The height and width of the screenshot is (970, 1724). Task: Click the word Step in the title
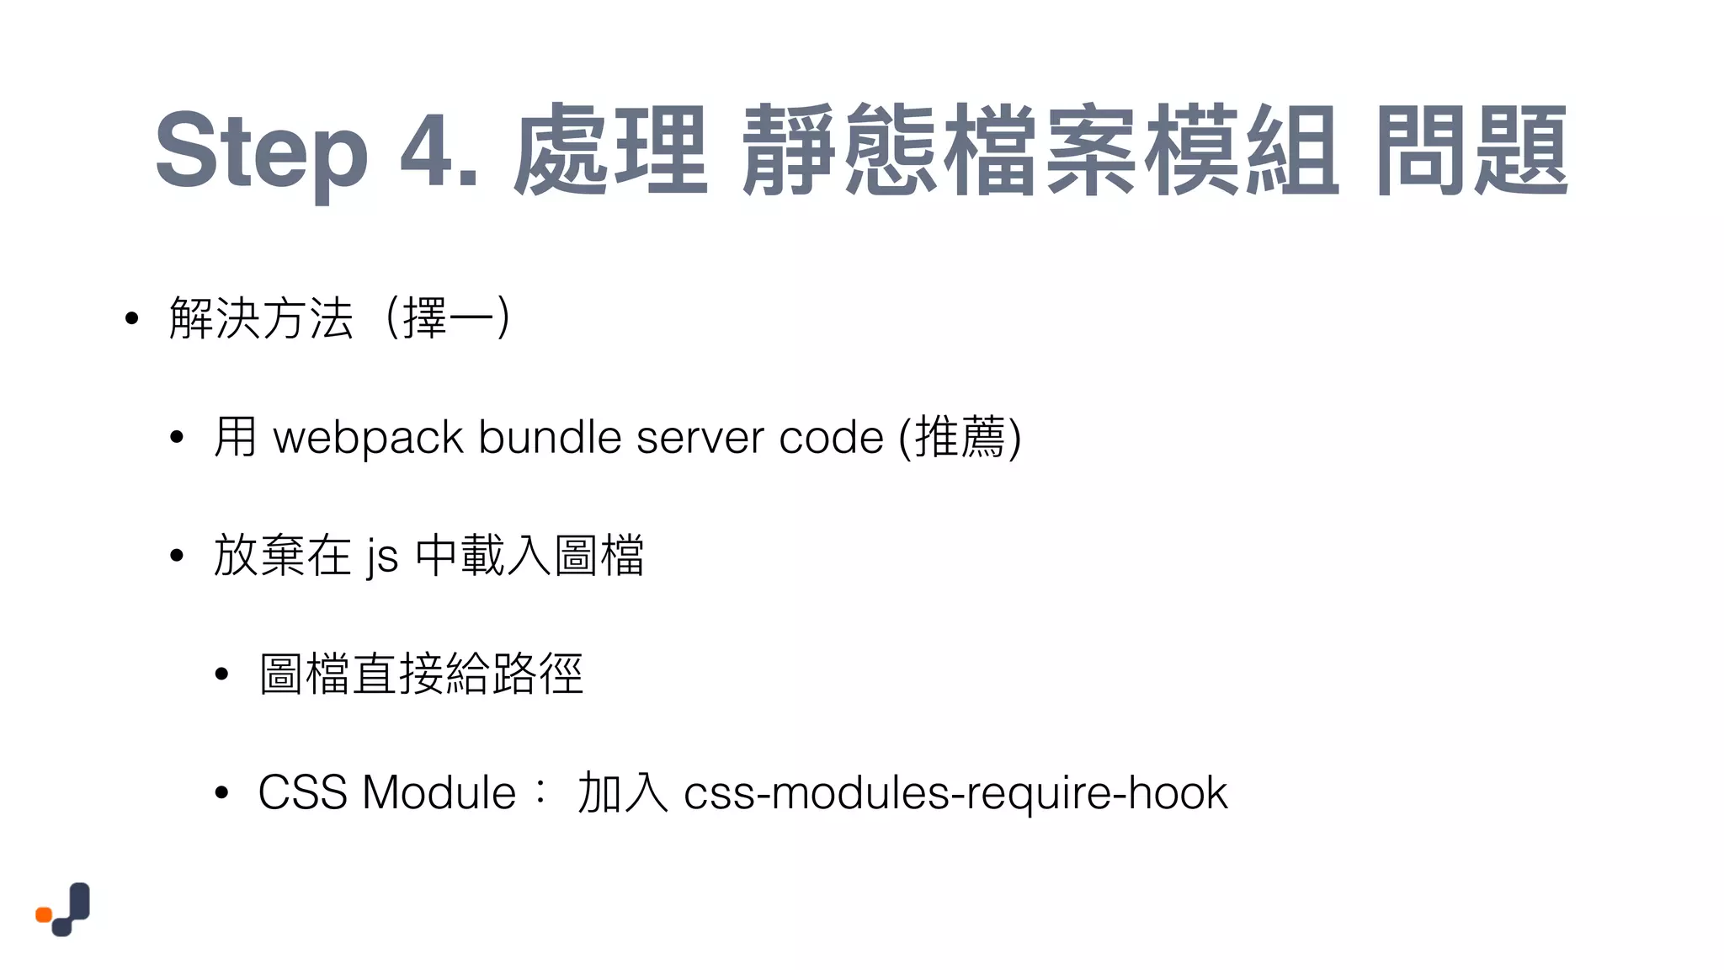[261, 152]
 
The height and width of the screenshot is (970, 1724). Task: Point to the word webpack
[369, 439]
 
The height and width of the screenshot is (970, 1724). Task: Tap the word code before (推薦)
[831, 437]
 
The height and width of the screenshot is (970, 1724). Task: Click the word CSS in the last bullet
[302, 792]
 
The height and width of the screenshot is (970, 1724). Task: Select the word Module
[439, 792]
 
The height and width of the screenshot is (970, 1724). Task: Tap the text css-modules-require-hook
[955, 794]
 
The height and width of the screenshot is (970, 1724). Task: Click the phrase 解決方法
[261, 318]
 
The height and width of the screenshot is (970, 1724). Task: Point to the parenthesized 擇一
[448, 318]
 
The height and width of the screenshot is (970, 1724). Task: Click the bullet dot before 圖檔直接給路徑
[221, 674]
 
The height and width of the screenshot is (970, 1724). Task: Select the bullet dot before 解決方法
[130, 319]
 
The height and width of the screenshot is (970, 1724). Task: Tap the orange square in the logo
[44, 914]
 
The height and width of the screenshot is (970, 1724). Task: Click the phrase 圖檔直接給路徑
[421, 674]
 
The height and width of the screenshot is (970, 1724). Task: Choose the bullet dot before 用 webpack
[176, 438]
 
